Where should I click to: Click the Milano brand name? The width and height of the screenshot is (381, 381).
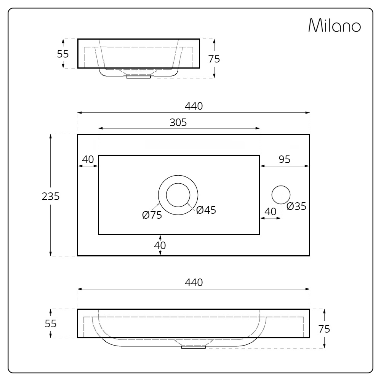click(335, 25)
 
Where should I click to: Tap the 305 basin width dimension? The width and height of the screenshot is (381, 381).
click(178, 122)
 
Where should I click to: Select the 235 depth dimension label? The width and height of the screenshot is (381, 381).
click(51, 196)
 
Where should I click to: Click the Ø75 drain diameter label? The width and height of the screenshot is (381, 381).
click(152, 215)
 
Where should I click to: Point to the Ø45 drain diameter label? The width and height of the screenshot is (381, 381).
click(206, 210)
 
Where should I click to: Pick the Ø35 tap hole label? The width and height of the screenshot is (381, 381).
click(296, 206)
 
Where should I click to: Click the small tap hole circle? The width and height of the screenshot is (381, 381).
click(281, 195)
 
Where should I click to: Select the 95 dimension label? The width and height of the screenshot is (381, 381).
click(285, 159)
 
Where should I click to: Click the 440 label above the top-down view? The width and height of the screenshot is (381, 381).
click(194, 106)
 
